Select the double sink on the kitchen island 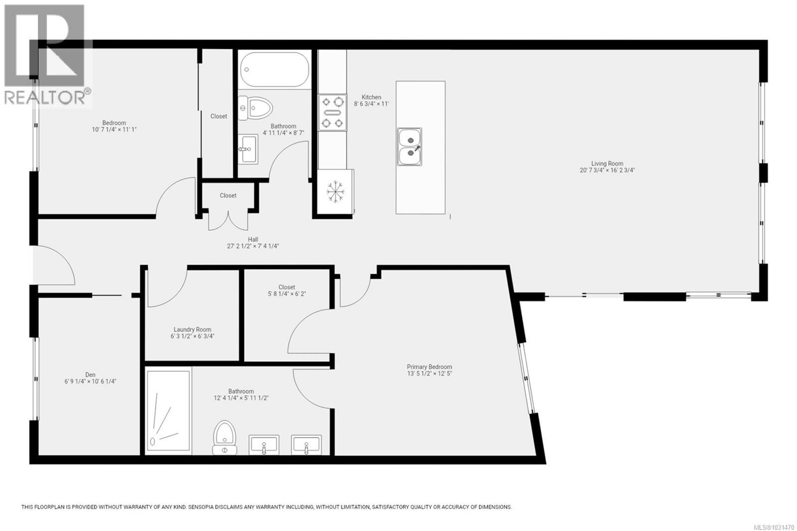[x=409, y=147]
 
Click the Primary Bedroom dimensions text [x=429, y=373]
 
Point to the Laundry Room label [x=192, y=329]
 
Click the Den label [x=90, y=374]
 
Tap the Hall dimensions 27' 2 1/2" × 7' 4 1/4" [x=253, y=246]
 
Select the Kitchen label [x=371, y=97]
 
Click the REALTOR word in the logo [x=45, y=98]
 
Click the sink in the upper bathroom [x=248, y=149]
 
